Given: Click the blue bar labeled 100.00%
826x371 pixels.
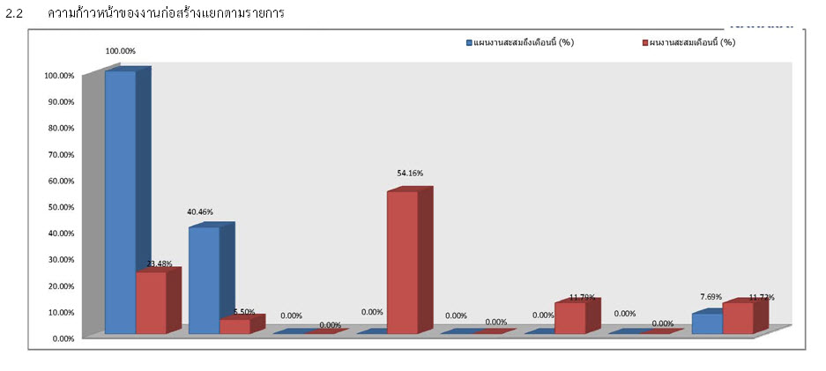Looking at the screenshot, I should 120,202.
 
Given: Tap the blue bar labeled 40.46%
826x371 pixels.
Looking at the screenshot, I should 204,279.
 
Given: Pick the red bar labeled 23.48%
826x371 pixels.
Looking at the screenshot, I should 151,302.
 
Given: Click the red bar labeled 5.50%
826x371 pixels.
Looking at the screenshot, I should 234,325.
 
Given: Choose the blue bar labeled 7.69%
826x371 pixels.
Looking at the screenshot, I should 707,323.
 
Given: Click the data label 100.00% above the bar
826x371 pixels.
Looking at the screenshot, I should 120,51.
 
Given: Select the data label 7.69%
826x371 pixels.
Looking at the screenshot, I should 711,297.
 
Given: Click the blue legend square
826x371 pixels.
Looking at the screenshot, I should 470,42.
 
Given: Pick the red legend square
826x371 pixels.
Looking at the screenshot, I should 645,42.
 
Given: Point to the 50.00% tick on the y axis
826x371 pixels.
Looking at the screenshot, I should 59,207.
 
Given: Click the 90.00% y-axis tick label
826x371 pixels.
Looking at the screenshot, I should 59,102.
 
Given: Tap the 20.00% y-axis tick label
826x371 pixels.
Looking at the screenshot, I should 59,286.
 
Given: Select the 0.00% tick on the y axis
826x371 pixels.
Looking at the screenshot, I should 62,338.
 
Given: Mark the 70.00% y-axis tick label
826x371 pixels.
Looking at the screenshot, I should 59,154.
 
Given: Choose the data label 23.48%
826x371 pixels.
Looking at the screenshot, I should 159,263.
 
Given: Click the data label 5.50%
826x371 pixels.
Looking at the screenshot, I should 243,312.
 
